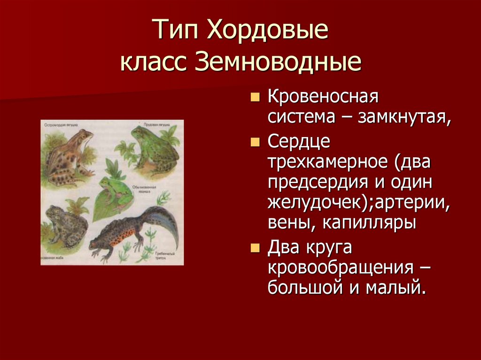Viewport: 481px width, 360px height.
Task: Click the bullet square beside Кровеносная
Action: pyautogui.click(x=255, y=98)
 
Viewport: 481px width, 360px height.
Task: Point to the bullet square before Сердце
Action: pyautogui.click(x=255, y=142)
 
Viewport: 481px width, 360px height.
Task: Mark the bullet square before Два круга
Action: pyautogui.click(x=255, y=248)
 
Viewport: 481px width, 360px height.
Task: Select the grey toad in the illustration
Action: pyautogui.click(x=66, y=225)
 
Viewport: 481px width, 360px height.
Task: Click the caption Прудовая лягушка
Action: pyautogui.click(x=157, y=125)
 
